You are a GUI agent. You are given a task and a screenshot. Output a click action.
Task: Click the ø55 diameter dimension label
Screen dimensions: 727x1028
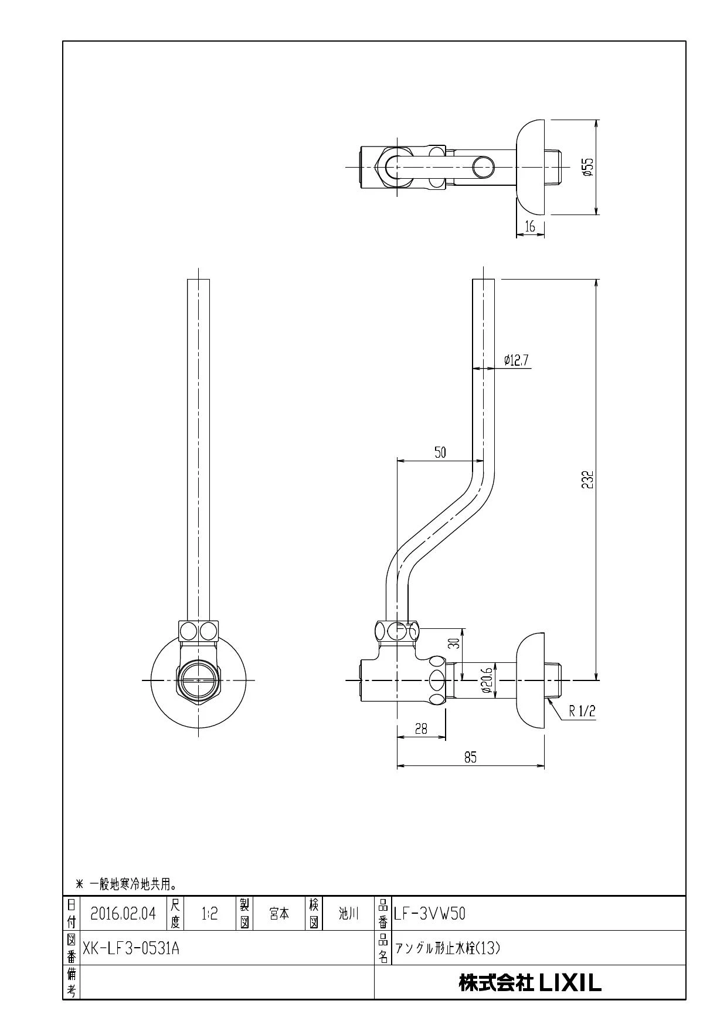589,166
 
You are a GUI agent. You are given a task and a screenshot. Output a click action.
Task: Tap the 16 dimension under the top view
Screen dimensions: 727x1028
530,226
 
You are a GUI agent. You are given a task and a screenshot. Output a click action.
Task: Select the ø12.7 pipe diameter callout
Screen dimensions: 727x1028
517,360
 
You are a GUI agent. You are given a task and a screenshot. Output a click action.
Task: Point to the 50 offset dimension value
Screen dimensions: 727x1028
440,452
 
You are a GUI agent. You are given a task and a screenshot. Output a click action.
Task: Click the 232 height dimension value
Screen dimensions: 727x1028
589,479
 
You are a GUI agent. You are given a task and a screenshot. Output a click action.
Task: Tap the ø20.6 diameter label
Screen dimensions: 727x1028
487,681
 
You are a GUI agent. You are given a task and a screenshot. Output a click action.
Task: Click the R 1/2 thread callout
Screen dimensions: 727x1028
582,711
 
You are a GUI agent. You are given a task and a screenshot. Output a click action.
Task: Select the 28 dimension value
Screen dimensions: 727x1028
421,729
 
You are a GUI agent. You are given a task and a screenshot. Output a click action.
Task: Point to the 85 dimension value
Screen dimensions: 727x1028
470,757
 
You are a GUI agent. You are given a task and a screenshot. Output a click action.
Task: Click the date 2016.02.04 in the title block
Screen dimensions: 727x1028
123,913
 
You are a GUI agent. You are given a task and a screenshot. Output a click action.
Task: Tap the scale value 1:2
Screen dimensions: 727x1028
209,913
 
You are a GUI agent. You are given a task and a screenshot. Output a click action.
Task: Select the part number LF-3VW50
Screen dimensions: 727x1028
430,913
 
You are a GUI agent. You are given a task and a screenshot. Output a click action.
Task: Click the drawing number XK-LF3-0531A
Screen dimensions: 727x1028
131,948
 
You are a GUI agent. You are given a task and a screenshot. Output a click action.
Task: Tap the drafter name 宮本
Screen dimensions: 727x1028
279,913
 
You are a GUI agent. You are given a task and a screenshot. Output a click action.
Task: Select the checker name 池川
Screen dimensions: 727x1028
348,913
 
